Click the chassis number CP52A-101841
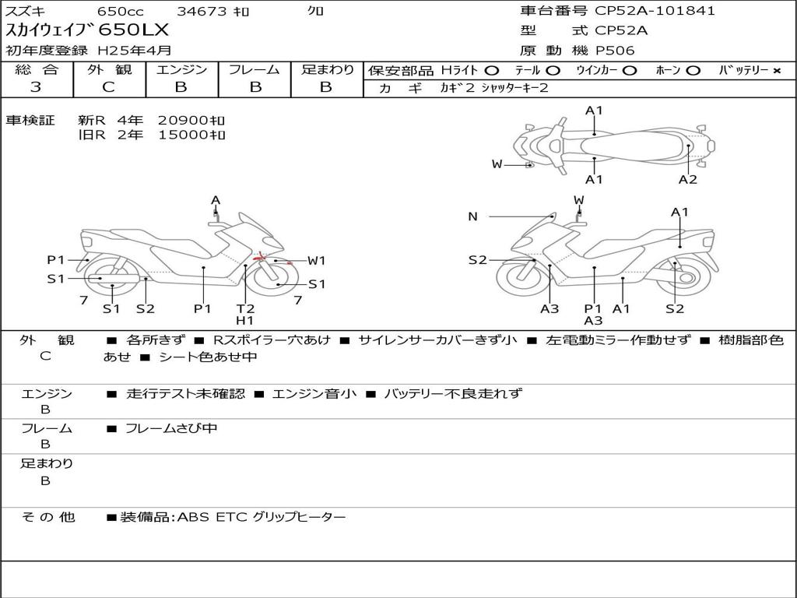coord(655,10)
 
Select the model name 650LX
coord(133,30)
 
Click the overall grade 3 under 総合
coord(36,87)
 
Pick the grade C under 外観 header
coord(108,87)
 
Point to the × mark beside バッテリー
coord(777,71)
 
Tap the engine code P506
coord(615,51)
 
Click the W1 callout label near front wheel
coord(316,261)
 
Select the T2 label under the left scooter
coord(245,308)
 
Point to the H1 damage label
coord(245,320)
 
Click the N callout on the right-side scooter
coord(472,216)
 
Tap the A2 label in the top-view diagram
coord(688,180)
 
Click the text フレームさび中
coord(171,429)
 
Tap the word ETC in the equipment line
coord(231,517)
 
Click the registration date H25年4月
coord(134,51)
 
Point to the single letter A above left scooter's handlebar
coord(216,200)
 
